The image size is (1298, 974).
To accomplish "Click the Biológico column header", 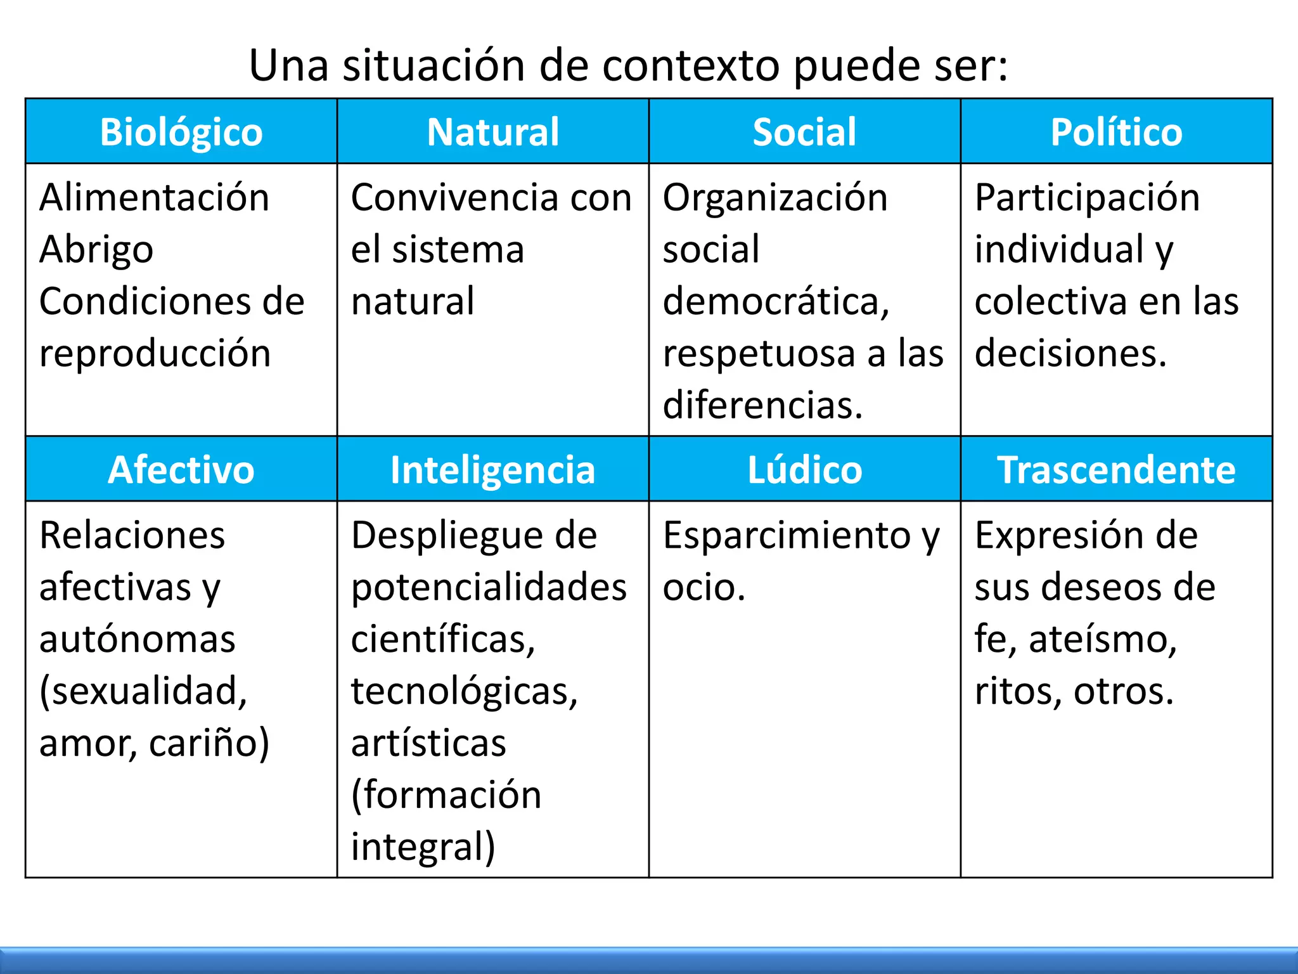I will point(181,132).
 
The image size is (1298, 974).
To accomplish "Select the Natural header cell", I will point(493,132).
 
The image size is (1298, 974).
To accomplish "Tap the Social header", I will point(804,132).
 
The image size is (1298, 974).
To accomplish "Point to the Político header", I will point(1116,132).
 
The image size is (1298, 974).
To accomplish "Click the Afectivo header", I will point(181,470).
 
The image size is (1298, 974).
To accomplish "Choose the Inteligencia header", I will point(493,470).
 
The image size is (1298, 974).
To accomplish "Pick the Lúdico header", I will point(804,470).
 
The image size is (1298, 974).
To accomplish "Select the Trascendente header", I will point(1116,470).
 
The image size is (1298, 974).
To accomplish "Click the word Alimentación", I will point(155,197).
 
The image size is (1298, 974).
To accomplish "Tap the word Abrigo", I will point(96,250).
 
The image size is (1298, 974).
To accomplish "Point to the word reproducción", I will point(155,354).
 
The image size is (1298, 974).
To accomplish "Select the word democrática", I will point(776,301).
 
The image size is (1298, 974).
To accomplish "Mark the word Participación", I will point(1087,197).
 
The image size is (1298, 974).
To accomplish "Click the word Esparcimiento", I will point(787,535).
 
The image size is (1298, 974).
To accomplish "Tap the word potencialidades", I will point(489,587).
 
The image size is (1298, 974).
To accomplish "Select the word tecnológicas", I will point(465,691).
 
